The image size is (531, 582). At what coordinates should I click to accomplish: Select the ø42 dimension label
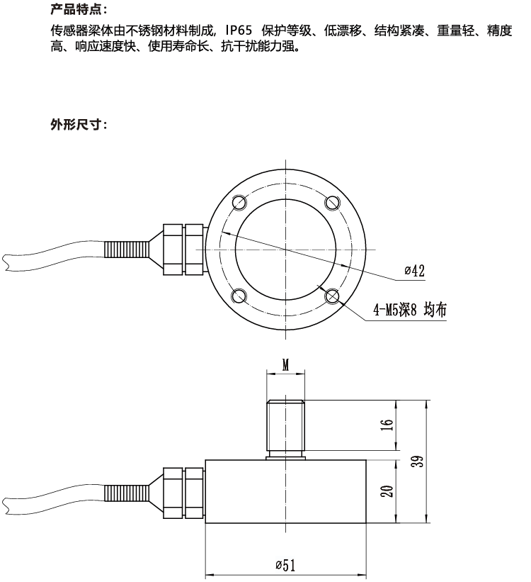click(415, 271)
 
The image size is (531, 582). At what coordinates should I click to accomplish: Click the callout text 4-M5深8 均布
click(410, 310)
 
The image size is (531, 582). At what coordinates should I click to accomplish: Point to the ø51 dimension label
click(285, 565)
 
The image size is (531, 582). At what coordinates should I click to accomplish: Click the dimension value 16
click(386, 424)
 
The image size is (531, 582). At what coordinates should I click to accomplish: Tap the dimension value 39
click(418, 461)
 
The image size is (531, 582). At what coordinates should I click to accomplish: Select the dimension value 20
click(387, 491)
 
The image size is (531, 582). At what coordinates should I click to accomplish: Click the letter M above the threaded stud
click(285, 364)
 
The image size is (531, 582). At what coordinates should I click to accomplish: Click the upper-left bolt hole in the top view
click(239, 203)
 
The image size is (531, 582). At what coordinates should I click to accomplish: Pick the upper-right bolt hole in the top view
click(332, 203)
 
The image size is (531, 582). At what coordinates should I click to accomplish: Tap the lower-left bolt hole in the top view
click(239, 296)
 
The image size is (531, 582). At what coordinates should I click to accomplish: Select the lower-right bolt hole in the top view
click(332, 296)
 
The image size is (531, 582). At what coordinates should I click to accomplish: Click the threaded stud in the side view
click(285, 426)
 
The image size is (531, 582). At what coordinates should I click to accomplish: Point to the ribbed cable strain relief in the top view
click(127, 250)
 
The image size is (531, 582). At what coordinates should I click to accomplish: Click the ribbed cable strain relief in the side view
click(127, 493)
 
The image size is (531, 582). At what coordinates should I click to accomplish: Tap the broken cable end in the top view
click(6, 263)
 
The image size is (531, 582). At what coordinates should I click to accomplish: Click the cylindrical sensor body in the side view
click(285, 491)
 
